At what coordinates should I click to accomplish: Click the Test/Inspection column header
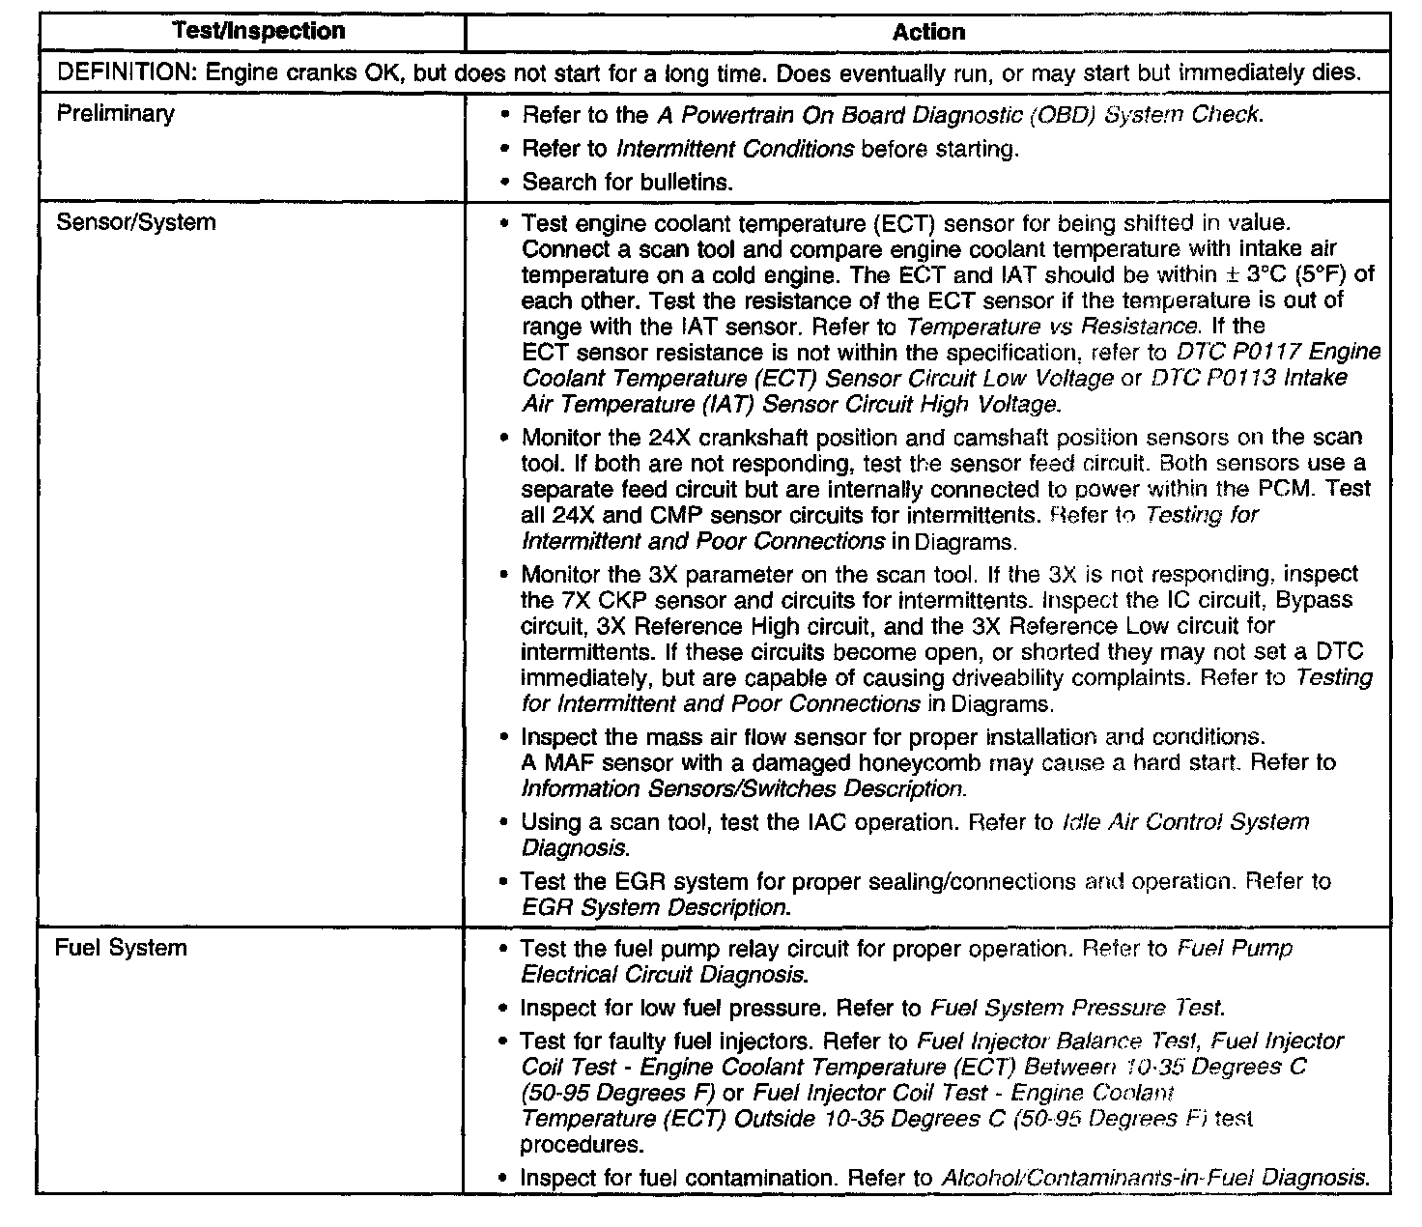[259, 31]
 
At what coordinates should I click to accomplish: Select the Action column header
[928, 32]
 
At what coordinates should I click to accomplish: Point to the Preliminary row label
[116, 114]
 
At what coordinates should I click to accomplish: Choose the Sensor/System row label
[135, 222]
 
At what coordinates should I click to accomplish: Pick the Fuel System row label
[121, 948]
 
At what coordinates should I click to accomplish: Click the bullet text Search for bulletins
[628, 182]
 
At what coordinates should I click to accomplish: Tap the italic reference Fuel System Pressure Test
[1077, 1009]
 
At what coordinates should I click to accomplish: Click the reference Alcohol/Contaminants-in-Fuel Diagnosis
[1155, 1179]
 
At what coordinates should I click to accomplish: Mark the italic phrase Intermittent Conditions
[735, 149]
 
